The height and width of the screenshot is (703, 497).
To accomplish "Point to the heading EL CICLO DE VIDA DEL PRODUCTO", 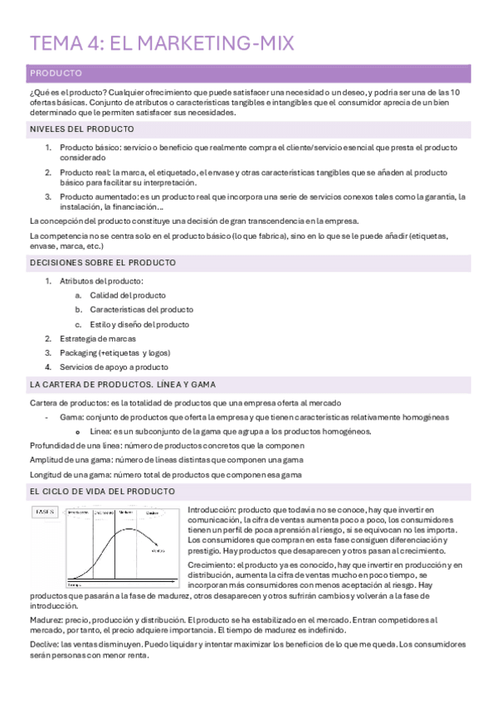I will tap(102, 492).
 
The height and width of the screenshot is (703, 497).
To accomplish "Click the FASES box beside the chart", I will tap(45, 512).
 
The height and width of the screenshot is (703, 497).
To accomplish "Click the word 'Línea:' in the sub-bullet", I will tap(100, 431).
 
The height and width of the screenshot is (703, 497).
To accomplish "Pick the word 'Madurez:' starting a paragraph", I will tap(46, 620).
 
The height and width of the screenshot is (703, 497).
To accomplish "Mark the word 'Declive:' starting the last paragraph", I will tap(44, 644).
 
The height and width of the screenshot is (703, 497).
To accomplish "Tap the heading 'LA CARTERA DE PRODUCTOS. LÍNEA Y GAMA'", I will tap(122, 385).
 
